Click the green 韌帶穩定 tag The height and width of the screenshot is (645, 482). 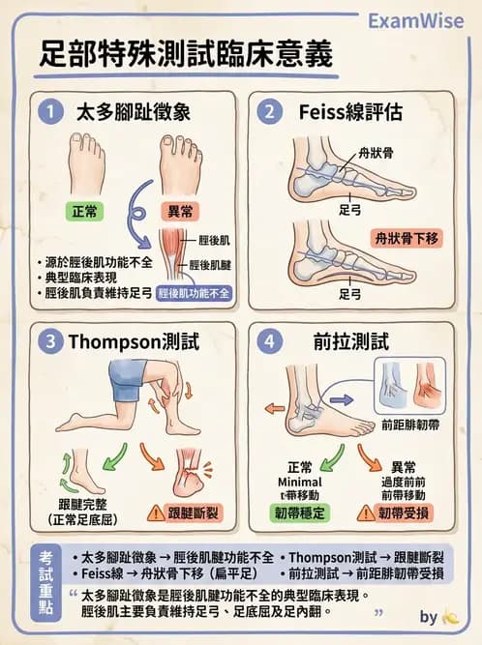point(305,513)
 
